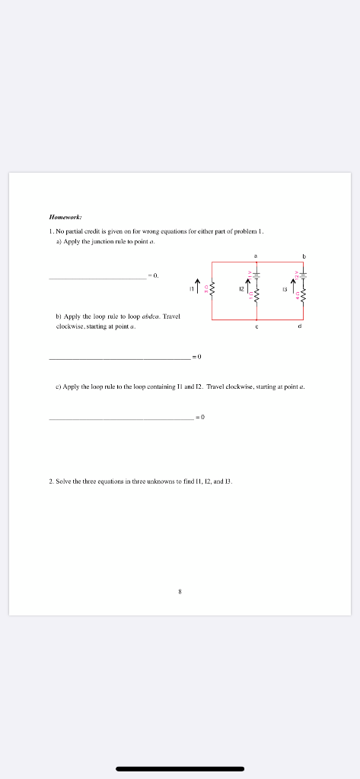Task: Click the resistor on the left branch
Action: pos(212,290)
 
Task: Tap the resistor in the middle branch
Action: pos(256,295)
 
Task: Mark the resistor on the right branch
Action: pos(304,295)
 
